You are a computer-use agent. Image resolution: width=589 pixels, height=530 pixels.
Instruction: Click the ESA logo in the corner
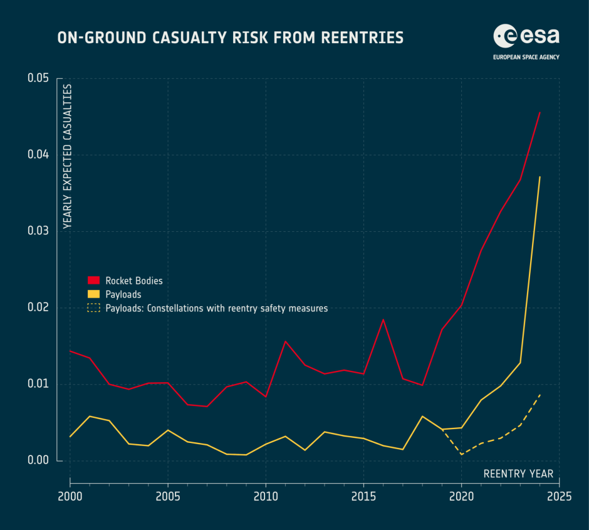[x=526, y=36]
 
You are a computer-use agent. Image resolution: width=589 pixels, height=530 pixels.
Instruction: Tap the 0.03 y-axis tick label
[x=38, y=231]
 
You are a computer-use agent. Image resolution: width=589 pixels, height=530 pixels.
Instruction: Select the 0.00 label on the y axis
[x=38, y=460]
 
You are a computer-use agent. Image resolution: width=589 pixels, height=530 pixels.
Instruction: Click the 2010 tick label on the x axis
[x=266, y=497]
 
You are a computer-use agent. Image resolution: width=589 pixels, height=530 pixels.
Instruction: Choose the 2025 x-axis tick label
[x=559, y=497]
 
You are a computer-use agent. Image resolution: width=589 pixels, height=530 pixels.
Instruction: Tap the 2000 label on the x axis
[x=70, y=497]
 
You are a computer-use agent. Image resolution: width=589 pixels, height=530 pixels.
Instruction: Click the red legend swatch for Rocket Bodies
[x=93, y=280]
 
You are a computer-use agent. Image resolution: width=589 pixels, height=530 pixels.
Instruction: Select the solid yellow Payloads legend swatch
[x=93, y=294]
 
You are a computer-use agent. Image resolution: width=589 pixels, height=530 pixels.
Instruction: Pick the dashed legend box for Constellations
[x=93, y=308]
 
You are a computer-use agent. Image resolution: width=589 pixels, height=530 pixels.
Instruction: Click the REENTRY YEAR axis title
[x=518, y=474]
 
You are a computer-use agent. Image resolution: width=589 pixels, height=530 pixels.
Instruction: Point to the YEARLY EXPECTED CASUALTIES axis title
[x=67, y=156]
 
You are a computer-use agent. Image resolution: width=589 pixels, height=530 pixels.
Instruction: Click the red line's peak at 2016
[x=383, y=320]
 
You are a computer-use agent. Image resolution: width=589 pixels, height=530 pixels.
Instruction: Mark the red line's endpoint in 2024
[x=539, y=112]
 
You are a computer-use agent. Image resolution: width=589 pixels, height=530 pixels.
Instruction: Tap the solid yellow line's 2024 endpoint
[x=539, y=177]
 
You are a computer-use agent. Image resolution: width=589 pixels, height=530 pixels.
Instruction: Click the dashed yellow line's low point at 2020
[x=462, y=454]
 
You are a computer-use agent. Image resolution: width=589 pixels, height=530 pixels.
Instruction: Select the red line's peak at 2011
[x=285, y=341]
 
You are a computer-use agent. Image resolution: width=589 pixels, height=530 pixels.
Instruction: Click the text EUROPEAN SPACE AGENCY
[x=526, y=57]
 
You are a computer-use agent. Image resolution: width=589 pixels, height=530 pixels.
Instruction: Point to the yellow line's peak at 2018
[x=422, y=416]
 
